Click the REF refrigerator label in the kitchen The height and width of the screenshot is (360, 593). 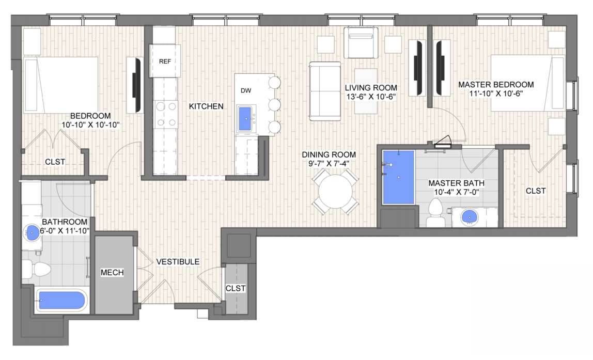pyautogui.click(x=165, y=61)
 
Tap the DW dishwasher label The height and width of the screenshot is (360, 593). pyautogui.click(x=246, y=90)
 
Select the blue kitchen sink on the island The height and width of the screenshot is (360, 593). pyautogui.click(x=246, y=119)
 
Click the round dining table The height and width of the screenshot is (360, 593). pyautogui.click(x=335, y=192)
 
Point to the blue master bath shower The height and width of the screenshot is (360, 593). pyautogui.click(x=399, y=177)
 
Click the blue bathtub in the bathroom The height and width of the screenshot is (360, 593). pyautogui.click(x=61, y=301)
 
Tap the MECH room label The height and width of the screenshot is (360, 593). pyautogui.click(x=112, y=272)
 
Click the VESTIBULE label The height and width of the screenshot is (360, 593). pyautogui.click(x=178, y=262)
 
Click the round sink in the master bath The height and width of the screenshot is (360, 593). pyautogui.click(x=470, y=217)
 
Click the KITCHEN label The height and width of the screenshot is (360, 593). pyautogui.click(x=206, y=106)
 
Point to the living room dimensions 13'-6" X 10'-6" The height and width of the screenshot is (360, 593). pyautogui.click(x=371, y=97)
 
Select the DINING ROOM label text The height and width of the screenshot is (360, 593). pyautogui.click(x=329, y=154)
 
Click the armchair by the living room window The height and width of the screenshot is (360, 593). pyautogui.click(x=361, y=43)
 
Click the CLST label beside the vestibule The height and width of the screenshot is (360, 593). pyautogui.click(x=236, y=288)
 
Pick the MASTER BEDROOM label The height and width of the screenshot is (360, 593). pyautogui.click(x=496, y=84)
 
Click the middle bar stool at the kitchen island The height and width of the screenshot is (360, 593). pyautogui.click(x=275, y=104)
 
